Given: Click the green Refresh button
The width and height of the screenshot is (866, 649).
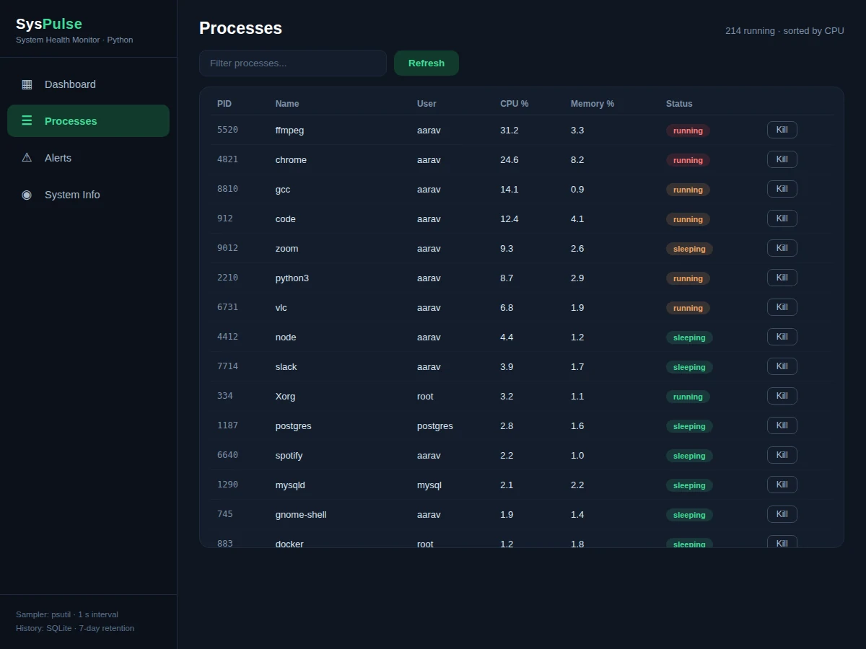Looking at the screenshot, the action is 426,63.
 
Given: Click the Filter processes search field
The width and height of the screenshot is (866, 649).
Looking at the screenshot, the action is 293,63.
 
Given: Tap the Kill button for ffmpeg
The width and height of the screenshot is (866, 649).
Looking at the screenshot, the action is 782,130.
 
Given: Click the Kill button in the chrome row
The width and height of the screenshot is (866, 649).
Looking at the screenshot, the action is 782,159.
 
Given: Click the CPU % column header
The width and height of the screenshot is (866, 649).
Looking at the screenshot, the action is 514,104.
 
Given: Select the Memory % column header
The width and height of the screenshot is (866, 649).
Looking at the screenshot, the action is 592,104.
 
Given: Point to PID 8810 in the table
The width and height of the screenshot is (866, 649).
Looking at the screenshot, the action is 227,189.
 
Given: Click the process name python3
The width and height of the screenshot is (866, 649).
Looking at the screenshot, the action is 292,278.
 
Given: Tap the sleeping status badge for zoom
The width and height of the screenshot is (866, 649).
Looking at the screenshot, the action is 689,249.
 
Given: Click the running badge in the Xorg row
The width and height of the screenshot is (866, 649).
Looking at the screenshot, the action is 688,397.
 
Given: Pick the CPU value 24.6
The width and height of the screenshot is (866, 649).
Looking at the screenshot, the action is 509,159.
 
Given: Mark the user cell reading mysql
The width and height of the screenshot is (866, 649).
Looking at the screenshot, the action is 429,485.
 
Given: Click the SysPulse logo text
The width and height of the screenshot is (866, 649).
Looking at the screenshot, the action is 49,24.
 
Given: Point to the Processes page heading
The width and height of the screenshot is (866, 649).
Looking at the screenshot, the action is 240,28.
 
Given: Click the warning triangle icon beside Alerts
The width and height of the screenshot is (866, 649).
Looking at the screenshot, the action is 27,158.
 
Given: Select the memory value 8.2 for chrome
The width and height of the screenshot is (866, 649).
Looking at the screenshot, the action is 577,159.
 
